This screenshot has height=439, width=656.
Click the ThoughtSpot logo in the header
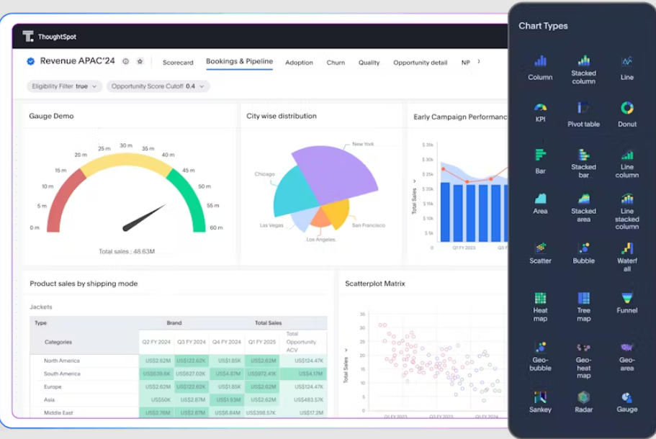(28, 37)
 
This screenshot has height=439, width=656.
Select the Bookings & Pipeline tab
(239, 62)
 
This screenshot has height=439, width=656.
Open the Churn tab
(336, 63)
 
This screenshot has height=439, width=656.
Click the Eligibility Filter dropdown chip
(64, 86)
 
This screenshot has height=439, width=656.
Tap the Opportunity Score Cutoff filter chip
(158, 86)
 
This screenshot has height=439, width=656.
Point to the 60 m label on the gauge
(216, 228)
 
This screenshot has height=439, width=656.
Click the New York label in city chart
(363, 145)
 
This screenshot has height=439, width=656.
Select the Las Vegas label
(272, 225)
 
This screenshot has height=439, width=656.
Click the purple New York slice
(338, 173)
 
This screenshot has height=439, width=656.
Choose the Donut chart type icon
(627, 108)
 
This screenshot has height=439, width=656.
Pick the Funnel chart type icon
(627, 298)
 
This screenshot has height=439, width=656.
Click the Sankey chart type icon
(541, 397)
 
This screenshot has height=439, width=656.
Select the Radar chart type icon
(583, 397)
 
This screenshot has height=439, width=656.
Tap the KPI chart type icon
(541, 108)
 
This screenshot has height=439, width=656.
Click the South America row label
(62, 374)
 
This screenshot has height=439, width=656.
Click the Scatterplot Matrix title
(374, 284)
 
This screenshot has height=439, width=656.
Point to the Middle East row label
(59, 413)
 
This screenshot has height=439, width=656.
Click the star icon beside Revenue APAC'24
(140, 62)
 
